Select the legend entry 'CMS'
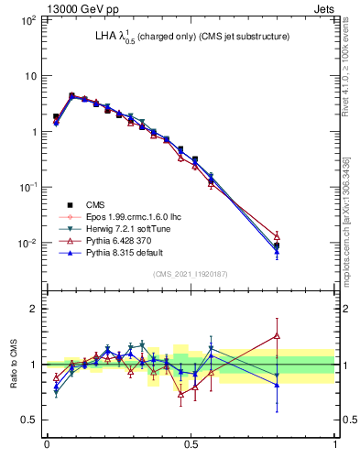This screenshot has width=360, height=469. click(95, 205)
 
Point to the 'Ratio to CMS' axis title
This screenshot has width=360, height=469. click(14, 365)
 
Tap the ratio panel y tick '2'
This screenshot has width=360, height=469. click(34, 309)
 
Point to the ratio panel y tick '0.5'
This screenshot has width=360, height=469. click(29, 420)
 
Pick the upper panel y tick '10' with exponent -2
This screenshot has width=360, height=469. click(27, 243)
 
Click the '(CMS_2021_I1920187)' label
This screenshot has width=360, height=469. click(191, 274)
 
